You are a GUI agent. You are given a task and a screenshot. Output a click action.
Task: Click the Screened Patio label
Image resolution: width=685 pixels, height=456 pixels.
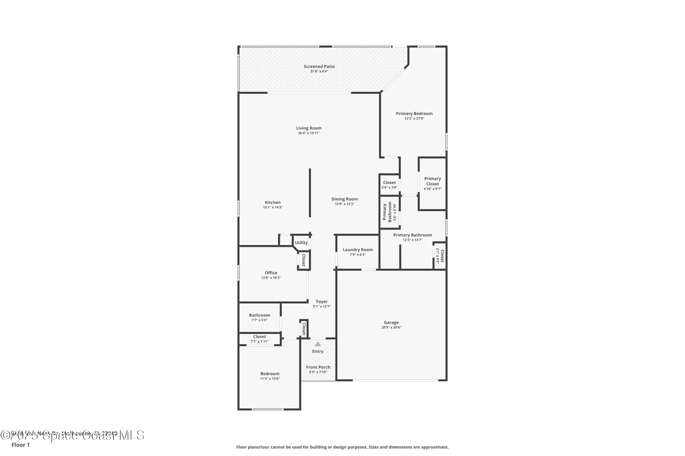pyautogui.click(x=319, y=66)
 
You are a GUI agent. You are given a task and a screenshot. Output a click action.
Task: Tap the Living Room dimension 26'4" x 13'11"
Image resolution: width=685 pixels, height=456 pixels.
pyautogui.click(x=309, y=133)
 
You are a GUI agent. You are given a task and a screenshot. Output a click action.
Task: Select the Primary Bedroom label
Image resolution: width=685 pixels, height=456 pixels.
pyautogui.click(x=414, y=114)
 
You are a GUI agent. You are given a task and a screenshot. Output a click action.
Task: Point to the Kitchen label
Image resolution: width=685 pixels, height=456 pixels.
pyautogui.click(x=273, y=203)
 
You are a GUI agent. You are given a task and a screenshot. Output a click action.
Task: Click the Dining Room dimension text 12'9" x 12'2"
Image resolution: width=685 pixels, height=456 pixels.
pyautogui.click(x=345, y=204)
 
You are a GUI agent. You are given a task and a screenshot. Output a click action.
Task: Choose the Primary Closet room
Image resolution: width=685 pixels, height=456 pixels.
pyautogui.click(x=432, y=183)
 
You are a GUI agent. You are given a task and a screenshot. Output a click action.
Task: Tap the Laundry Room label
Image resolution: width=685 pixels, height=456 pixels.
pyautogui.click(x=358, y=250)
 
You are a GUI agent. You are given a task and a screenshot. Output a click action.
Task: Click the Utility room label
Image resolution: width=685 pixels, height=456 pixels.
pyautogui.click(x=301, y=243)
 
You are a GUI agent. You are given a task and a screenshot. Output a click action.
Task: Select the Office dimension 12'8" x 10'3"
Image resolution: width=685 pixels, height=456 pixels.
pyautogui.click(x=271, y=278)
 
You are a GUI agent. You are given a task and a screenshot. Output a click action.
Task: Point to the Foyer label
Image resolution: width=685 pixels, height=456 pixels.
pyautogui.click(x=322, y=302)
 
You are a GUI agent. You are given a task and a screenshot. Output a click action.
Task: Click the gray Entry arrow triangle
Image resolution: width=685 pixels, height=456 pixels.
pyautogui.click(x=318, y=344)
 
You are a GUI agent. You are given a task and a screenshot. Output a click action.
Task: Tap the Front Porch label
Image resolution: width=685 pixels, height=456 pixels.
pyautogui.click(x=318, y=367)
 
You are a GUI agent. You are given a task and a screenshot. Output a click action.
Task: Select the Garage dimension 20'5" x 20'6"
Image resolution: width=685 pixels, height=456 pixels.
pyautogui.click(x=391, y=327)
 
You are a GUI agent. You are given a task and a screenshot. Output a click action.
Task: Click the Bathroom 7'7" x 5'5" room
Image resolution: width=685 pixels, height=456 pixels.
pyautogui.click(x=259, y=317)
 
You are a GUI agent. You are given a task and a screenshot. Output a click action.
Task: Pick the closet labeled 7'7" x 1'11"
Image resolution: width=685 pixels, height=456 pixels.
pyautogui.click(x=259, y=339)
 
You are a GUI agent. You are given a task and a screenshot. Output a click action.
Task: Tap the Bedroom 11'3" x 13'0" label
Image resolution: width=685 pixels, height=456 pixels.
pyautogui.click(x=270, y=374)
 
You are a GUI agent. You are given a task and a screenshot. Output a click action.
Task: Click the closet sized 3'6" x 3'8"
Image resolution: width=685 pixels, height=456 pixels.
pyautogui.click(x=389, y=185)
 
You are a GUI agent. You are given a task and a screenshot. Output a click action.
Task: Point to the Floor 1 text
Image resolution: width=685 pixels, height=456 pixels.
pyautogui.click(x=21, y=445)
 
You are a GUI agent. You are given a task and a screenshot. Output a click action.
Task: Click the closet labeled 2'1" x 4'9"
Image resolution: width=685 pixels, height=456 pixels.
pyautogui.click(x=440, y=256)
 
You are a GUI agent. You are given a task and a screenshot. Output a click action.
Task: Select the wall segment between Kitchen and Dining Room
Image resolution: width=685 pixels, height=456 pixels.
pyautogui.click(x=310, y=193)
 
